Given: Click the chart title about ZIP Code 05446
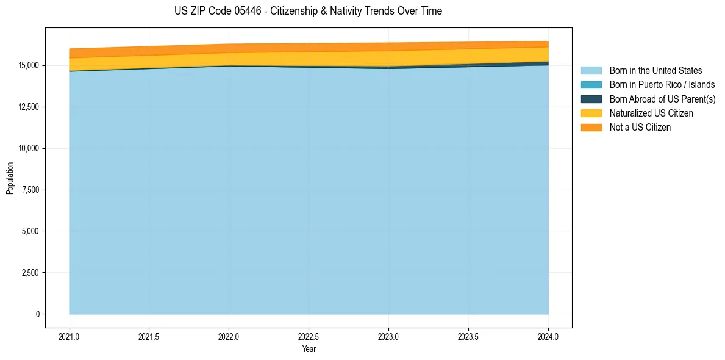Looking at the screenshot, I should pyautogui.click(x=308, y=11).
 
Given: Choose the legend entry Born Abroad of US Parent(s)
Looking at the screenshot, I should pyautogui.click(x=662, y=99).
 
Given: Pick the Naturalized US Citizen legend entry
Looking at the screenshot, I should pyautogui.click(x=651, y=113).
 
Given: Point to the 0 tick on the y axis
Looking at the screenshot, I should pyautogui.click(x=37, y=314).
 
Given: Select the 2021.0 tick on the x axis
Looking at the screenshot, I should pyautogui.click(x=70, y=336).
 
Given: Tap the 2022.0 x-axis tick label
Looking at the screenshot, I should pyautogui.click(x=229, y=336).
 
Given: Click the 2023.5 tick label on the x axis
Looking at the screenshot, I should pyautogui.click(x=468, y=336).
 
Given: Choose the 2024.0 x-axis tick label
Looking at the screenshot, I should pyautogui.click(x=548, y=336).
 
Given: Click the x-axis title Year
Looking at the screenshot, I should pyautogui.click(x=309, y=349).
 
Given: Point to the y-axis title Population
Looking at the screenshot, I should pyautogui.click(x=10, y=178).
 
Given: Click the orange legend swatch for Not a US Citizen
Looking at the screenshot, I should pyautogui.click(x=591, y=128).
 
